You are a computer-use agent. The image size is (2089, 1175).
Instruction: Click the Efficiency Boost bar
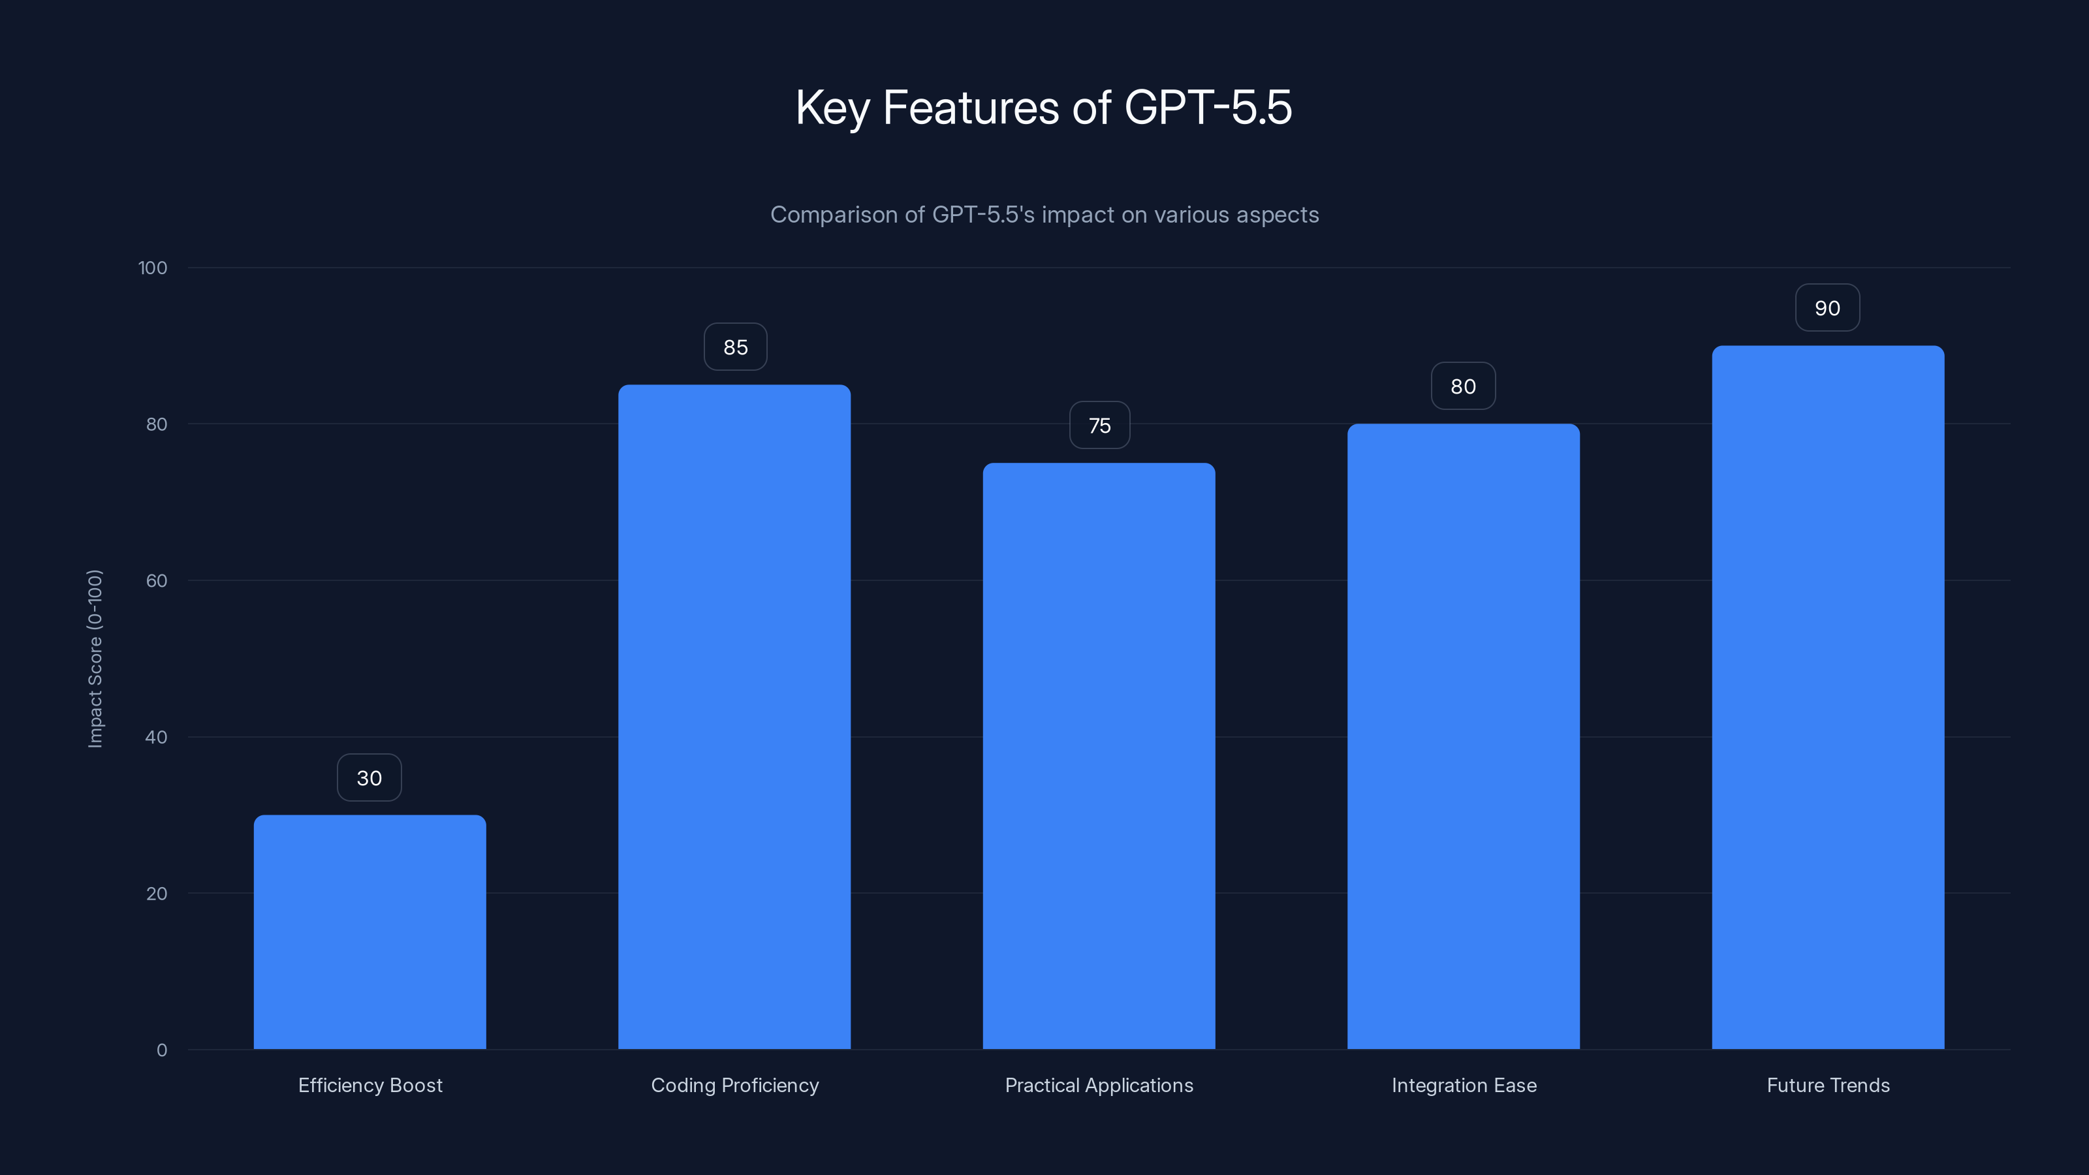[x=369, y=933]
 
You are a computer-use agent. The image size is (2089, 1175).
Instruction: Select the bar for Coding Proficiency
[x=734, y=717]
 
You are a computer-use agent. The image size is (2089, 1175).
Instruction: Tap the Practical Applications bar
[x=1099, y=756]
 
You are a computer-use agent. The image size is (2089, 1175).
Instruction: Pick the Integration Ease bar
[x=1463, y=736]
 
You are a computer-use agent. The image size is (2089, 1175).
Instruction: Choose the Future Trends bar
[x=1828, y=697]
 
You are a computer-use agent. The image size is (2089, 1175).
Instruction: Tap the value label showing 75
[x=1099, y=426]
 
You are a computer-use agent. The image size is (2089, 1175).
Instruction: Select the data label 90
[x=1827, y=308]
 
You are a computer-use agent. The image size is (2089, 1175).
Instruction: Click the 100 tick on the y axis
[x=153, y=268]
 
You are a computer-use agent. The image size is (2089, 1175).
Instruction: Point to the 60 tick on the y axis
[x=157, y=580]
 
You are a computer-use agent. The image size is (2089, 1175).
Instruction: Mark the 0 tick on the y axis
[x=162, y=1050]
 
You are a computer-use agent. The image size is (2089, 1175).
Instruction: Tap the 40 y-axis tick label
[x=157, y=737]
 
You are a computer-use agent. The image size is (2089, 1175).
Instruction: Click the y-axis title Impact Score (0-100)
[x=95, y=659]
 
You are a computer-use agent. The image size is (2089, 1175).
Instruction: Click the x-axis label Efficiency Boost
[x=369, y=1085]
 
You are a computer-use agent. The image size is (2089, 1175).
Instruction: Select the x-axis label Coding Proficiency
[x=734, y=1085]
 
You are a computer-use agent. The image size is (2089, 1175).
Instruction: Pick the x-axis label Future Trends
[x=1828, y=1085]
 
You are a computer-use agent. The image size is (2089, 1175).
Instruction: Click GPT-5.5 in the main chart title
[x=1208, y=108]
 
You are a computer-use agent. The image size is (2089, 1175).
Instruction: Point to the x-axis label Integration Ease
[x=1464, y=1085]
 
